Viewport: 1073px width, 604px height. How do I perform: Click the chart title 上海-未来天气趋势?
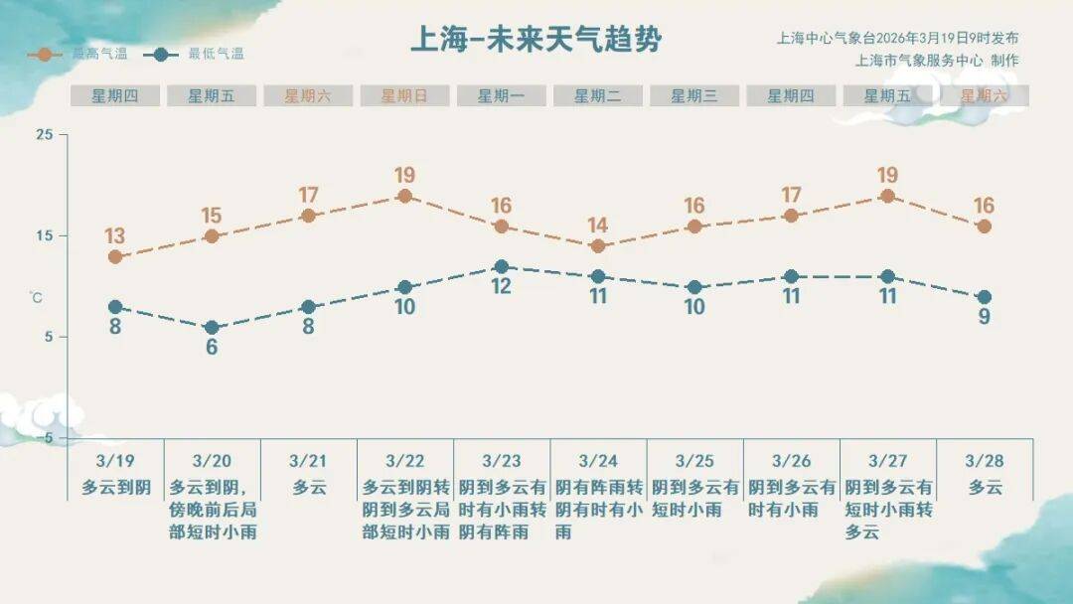click(536, 40)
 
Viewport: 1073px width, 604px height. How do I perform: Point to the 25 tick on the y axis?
click(45, 134)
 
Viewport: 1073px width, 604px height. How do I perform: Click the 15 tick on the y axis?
click(45, 235)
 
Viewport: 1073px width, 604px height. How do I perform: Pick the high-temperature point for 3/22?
click(404, 196)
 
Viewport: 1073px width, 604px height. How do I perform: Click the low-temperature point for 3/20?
click(212, 328)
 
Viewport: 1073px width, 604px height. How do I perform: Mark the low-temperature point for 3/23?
click(502, 266)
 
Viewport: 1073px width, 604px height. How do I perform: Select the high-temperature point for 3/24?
click(598, 246)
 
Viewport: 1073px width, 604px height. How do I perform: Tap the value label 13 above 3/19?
click(115, 236)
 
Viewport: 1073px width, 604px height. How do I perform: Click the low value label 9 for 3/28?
click(985, 318)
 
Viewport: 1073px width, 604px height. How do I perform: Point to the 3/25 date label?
click(694, 461)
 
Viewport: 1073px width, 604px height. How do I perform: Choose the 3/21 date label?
click(308, 461)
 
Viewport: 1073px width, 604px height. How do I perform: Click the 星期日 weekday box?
click(404, 96)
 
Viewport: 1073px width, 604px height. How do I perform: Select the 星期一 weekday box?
click(501, 96)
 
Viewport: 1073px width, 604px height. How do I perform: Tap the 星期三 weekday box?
click(694, 96)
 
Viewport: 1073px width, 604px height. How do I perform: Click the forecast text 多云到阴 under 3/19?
click(115, 487)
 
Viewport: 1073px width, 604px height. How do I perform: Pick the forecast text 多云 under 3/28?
click(985, 487)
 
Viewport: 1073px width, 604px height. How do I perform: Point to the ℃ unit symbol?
click(36, 296)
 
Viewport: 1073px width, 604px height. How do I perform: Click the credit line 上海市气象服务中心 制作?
click(936, 60)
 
